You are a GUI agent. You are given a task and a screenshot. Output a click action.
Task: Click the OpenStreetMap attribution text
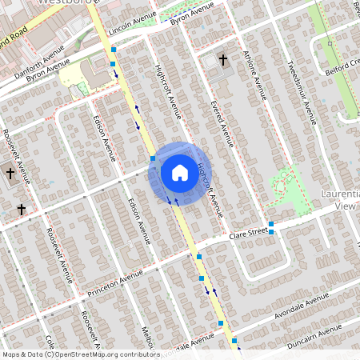click(x=81, y=354)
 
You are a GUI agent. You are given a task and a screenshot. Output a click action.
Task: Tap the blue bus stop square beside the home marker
click(x=152, y=158)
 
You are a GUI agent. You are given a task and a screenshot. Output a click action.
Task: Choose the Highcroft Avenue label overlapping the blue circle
click(x=207, y=180)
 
